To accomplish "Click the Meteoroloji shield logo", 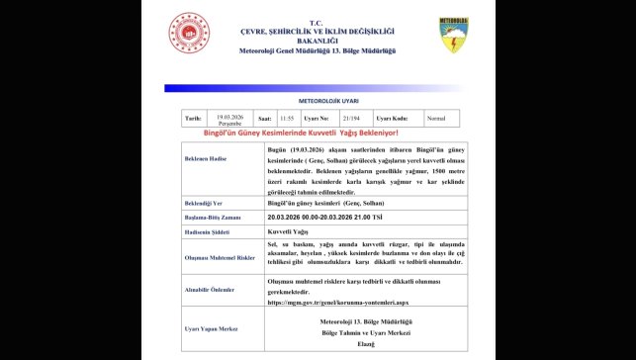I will coord(453,35).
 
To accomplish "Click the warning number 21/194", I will coord(349,117).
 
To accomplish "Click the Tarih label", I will coord(193,117).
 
